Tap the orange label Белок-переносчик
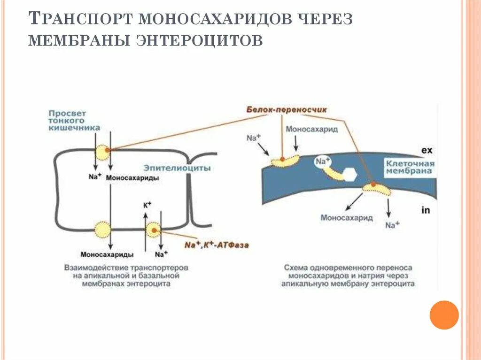coord(286,109)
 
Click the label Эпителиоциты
coord(177,168)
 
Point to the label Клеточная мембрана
coord(410,167)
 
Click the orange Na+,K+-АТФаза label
coord(217,245)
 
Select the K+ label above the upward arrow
coord(147,205)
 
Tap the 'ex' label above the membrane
coord(426,150)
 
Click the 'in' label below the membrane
coord(426,210)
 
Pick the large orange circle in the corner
coord(444,314)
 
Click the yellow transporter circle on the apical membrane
coord(102,152)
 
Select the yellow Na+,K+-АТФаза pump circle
coord(153,230)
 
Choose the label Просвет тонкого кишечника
coord(74,121)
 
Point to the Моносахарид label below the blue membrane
coord(347,217)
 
